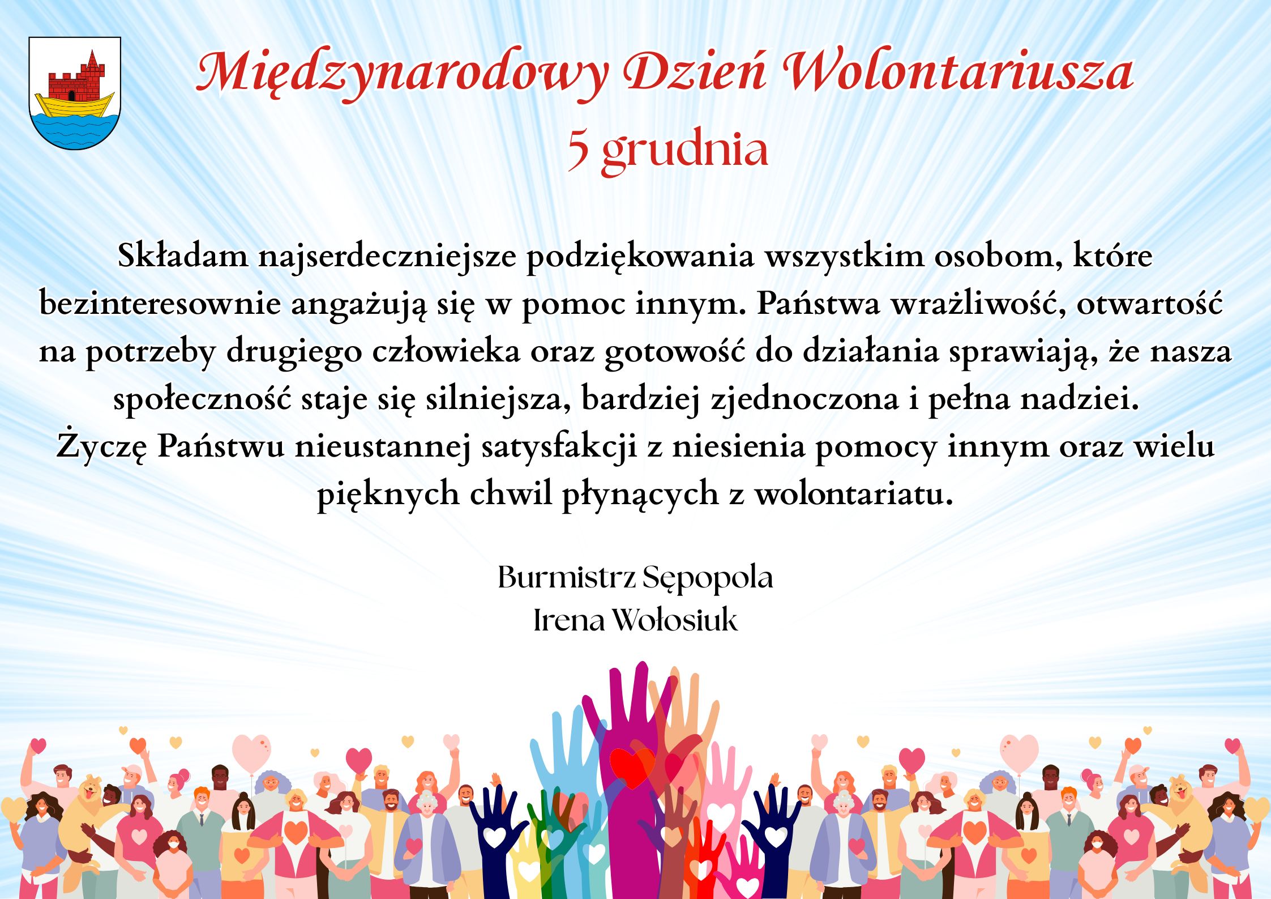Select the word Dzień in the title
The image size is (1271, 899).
click(695, 71)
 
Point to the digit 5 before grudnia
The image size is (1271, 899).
click(578, 150)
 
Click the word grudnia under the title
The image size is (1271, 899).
click(685, 151)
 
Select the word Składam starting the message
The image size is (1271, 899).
click(183, 255)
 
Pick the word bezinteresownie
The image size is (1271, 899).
click(160, 304)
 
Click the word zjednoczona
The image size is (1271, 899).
click(804, 399)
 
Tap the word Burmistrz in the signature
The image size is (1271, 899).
click(567, 577)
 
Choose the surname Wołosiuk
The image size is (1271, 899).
click(675, 620)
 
